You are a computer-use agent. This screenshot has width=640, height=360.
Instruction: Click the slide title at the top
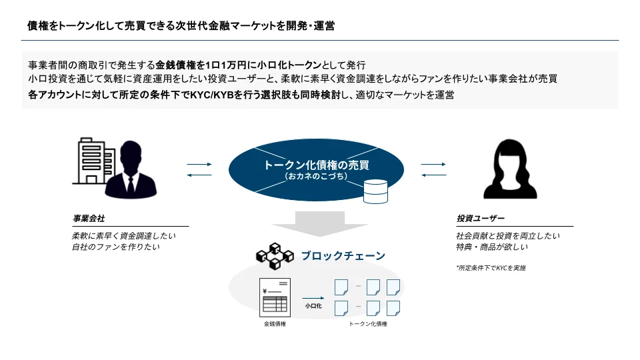(x=181, y=26)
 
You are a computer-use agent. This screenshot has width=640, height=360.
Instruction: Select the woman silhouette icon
(x=511, y=170)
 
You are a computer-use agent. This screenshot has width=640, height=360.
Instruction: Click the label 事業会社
(x=88, y=219)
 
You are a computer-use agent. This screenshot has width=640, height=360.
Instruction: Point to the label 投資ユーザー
(x=480, y=219)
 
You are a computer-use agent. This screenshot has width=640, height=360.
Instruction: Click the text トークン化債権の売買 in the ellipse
(x=316, y=165)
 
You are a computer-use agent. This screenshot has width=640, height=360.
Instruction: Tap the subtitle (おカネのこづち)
(x=316, y=177)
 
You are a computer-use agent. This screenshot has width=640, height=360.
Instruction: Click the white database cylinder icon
(x=375, y=191)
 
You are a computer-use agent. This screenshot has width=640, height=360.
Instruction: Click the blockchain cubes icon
(x=273, y=255)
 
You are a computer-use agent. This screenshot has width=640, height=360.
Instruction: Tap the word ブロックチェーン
(x=343, y=255)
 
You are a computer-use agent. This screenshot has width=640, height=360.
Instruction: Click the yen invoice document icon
(x=274, y=297)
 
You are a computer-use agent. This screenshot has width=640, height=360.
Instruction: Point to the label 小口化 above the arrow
(x=313, y=305)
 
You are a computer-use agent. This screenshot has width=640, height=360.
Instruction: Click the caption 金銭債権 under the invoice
(x=274, y=324)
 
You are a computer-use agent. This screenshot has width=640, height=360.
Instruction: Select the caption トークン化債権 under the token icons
(x=367, y=324)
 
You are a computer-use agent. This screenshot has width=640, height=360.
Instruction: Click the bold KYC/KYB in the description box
(x=211, y=95)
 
